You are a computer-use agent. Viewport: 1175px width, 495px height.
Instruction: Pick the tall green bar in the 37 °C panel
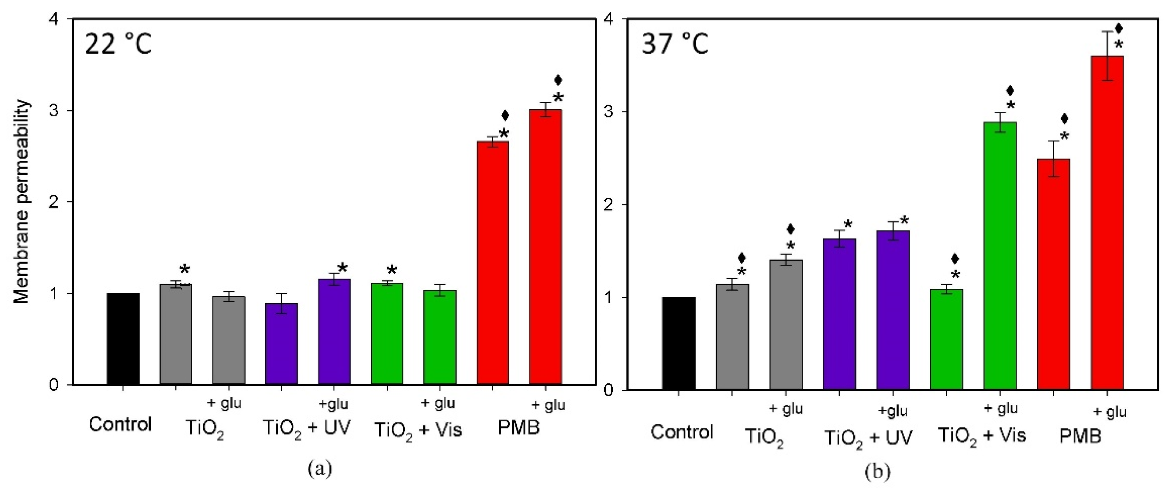coord(1000,255)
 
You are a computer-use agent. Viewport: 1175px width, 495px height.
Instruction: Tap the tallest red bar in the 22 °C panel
coord(545,246)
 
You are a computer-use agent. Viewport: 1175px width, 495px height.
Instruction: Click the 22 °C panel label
coord(118,45)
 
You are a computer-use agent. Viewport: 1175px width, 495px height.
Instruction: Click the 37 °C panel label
coord(675,45)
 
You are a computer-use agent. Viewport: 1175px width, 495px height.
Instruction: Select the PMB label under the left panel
coord(519,428)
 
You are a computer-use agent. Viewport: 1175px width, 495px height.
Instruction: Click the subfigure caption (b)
coord(877,471)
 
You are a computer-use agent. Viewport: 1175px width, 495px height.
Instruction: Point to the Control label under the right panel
coord(681,432)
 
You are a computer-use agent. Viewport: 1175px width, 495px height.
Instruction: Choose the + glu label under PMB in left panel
coord(548,405)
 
